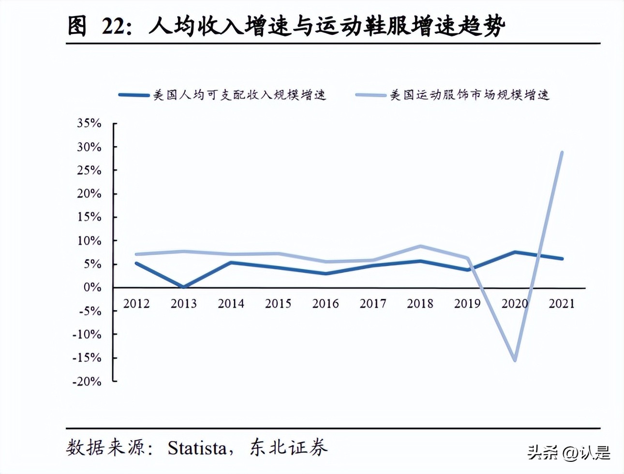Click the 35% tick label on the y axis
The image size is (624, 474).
pyautogui.click(x=89, y=123)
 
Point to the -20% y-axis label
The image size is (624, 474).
pyautogui.click(x=87, y=381)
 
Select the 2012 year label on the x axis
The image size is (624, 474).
pyautogui.click(x=136, y=304)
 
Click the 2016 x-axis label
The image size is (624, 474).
pyautogui.click(x=325, y=304)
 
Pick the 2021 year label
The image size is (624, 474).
pyautogui.click(x=562, y=304)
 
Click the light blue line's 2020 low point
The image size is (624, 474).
pyautogui.click(x=514, y=360)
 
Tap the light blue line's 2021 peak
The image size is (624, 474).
pyautogui.click(x=561, y=152)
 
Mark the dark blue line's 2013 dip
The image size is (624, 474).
pyautogui.click(x=183, y=287)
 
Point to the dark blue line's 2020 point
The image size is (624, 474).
pyautogui.click(x=514, y=252)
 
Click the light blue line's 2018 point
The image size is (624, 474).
pyautogui.click(x=420, y=246)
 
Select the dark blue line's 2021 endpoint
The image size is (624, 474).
pyautogui.click(x=561, y=259)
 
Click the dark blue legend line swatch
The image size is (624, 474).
pyautogui.click(x=134, y=95)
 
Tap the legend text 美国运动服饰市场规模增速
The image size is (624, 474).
pyautogui.click(x=469, y=95)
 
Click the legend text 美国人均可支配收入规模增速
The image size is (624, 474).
pyautogui.click(x=239, y=95)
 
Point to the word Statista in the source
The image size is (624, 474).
pyautogui.click(x=197, y=448)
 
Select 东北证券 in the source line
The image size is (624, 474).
pyautogui.click(x=289, y=448)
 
